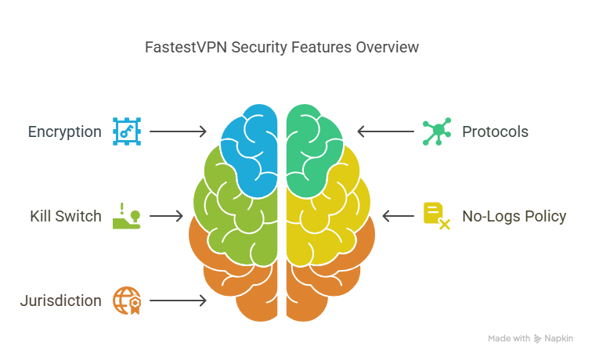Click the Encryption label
64,132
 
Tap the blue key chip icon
127,131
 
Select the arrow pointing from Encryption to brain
179,131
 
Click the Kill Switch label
66,216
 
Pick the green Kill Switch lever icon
127,216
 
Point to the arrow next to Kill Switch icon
166,216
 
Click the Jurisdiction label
61,301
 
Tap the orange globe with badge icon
127,301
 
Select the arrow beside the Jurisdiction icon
179,301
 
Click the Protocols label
495,132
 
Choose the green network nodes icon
437,131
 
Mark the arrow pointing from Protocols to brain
385,131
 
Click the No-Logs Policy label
514,216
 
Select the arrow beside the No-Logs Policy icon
399,216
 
